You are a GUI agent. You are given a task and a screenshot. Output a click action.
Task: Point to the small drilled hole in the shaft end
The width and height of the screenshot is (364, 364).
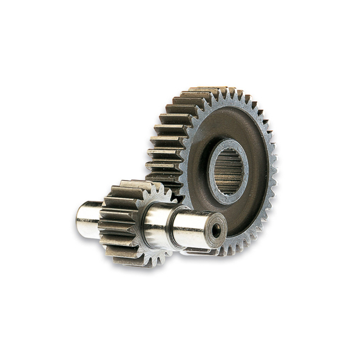(216, 231)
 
